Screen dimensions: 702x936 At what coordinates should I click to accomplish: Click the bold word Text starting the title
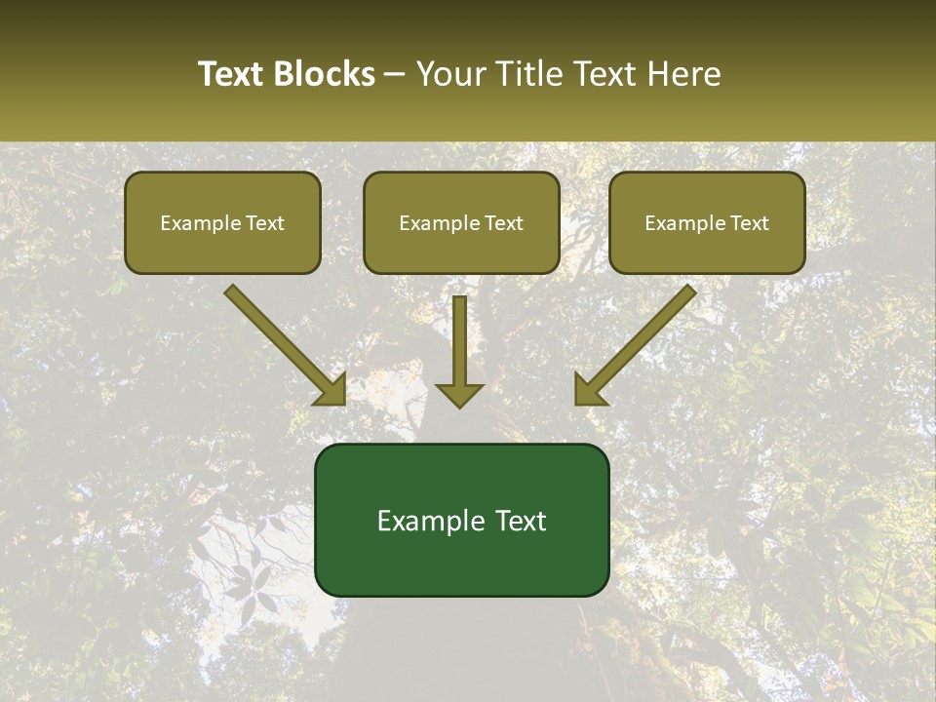tap(231, 74)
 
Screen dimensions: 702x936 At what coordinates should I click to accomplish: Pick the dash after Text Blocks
tap(395, 74)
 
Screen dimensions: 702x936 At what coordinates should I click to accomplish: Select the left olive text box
tap(222, 222)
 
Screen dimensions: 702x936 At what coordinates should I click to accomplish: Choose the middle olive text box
tap(461, 222)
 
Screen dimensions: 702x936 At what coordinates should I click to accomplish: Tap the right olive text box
tap(707, 222)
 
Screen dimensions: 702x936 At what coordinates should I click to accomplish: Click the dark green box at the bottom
tap(461, 520)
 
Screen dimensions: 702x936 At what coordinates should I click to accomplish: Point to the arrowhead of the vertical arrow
tap(459, 394)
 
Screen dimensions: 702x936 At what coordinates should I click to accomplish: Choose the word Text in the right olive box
tap(750, 223)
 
